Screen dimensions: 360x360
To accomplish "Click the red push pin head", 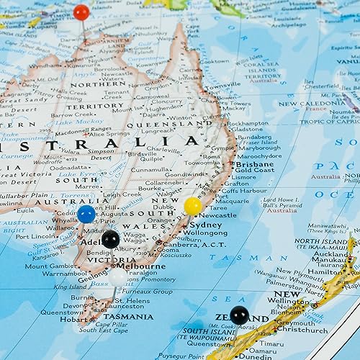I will click(x=81, y=12).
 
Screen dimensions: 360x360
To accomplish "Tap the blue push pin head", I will click(x=86, y=213).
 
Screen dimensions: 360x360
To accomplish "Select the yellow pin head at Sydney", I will click(x=193, y=207).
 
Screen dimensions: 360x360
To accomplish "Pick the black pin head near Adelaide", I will click(x=110, y=239).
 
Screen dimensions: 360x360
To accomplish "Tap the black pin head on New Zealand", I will click(x=238, y=315).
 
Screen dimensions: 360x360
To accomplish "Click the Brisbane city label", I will click(x=255, y=165).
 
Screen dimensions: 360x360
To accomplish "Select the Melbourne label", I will click(x=140, y=266).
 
